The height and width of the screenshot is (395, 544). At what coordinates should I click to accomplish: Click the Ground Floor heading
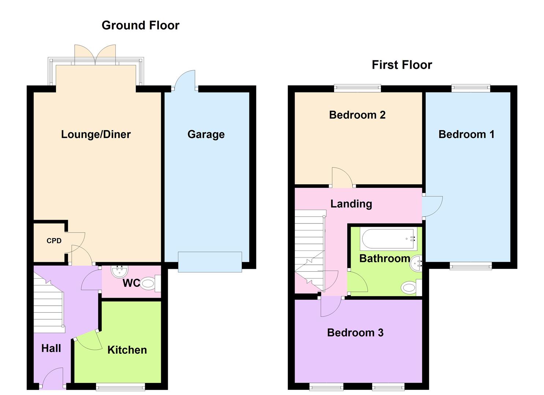click(140, 25)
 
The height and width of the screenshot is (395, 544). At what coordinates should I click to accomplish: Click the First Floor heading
click(402, 65)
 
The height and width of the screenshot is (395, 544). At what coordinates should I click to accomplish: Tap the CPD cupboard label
click(54, 241)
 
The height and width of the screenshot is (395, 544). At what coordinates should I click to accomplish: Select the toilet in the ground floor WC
click(148, 283)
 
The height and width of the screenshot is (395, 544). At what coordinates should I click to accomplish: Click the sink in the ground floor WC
click(119, 271)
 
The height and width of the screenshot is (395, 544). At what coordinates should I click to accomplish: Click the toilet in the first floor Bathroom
click(410, 287)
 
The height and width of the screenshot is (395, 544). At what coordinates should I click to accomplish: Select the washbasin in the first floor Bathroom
click(417, 262)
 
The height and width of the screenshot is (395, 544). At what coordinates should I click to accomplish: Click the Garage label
click(206, 134)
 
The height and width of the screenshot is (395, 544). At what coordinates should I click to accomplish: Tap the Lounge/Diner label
click(96, 134)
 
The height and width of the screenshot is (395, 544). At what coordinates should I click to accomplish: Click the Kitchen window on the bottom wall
click(120, 387)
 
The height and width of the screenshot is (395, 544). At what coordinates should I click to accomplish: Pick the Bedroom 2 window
click(358, 88)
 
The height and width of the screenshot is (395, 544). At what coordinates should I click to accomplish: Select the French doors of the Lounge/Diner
click(95, 55)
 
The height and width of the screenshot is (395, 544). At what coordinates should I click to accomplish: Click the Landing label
click(351, 204)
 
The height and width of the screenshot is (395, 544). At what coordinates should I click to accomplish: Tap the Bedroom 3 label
click(355, 332)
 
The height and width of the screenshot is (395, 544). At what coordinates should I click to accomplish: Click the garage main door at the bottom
click(210, 262)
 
